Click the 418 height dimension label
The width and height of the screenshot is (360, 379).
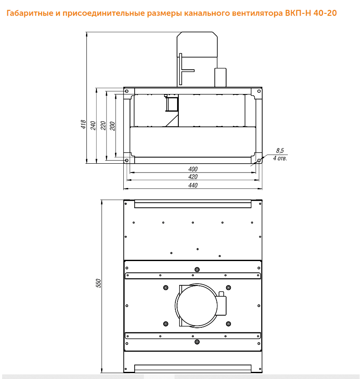pos(83,124)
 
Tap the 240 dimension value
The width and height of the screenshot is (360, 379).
pos(93,125)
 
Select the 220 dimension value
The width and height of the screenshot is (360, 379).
pos(103,125)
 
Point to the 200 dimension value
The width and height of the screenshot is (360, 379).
pos(112,126)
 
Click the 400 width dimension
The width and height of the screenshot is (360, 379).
pos(193,169)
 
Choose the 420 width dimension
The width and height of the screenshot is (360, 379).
pos(193,177)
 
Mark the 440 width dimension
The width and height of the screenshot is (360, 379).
pos(193,185)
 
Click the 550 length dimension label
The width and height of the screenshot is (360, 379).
pos(99,283)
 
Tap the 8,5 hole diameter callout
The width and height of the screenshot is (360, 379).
pos(280,151)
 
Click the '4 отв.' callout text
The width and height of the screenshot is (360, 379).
pos(280,158)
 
